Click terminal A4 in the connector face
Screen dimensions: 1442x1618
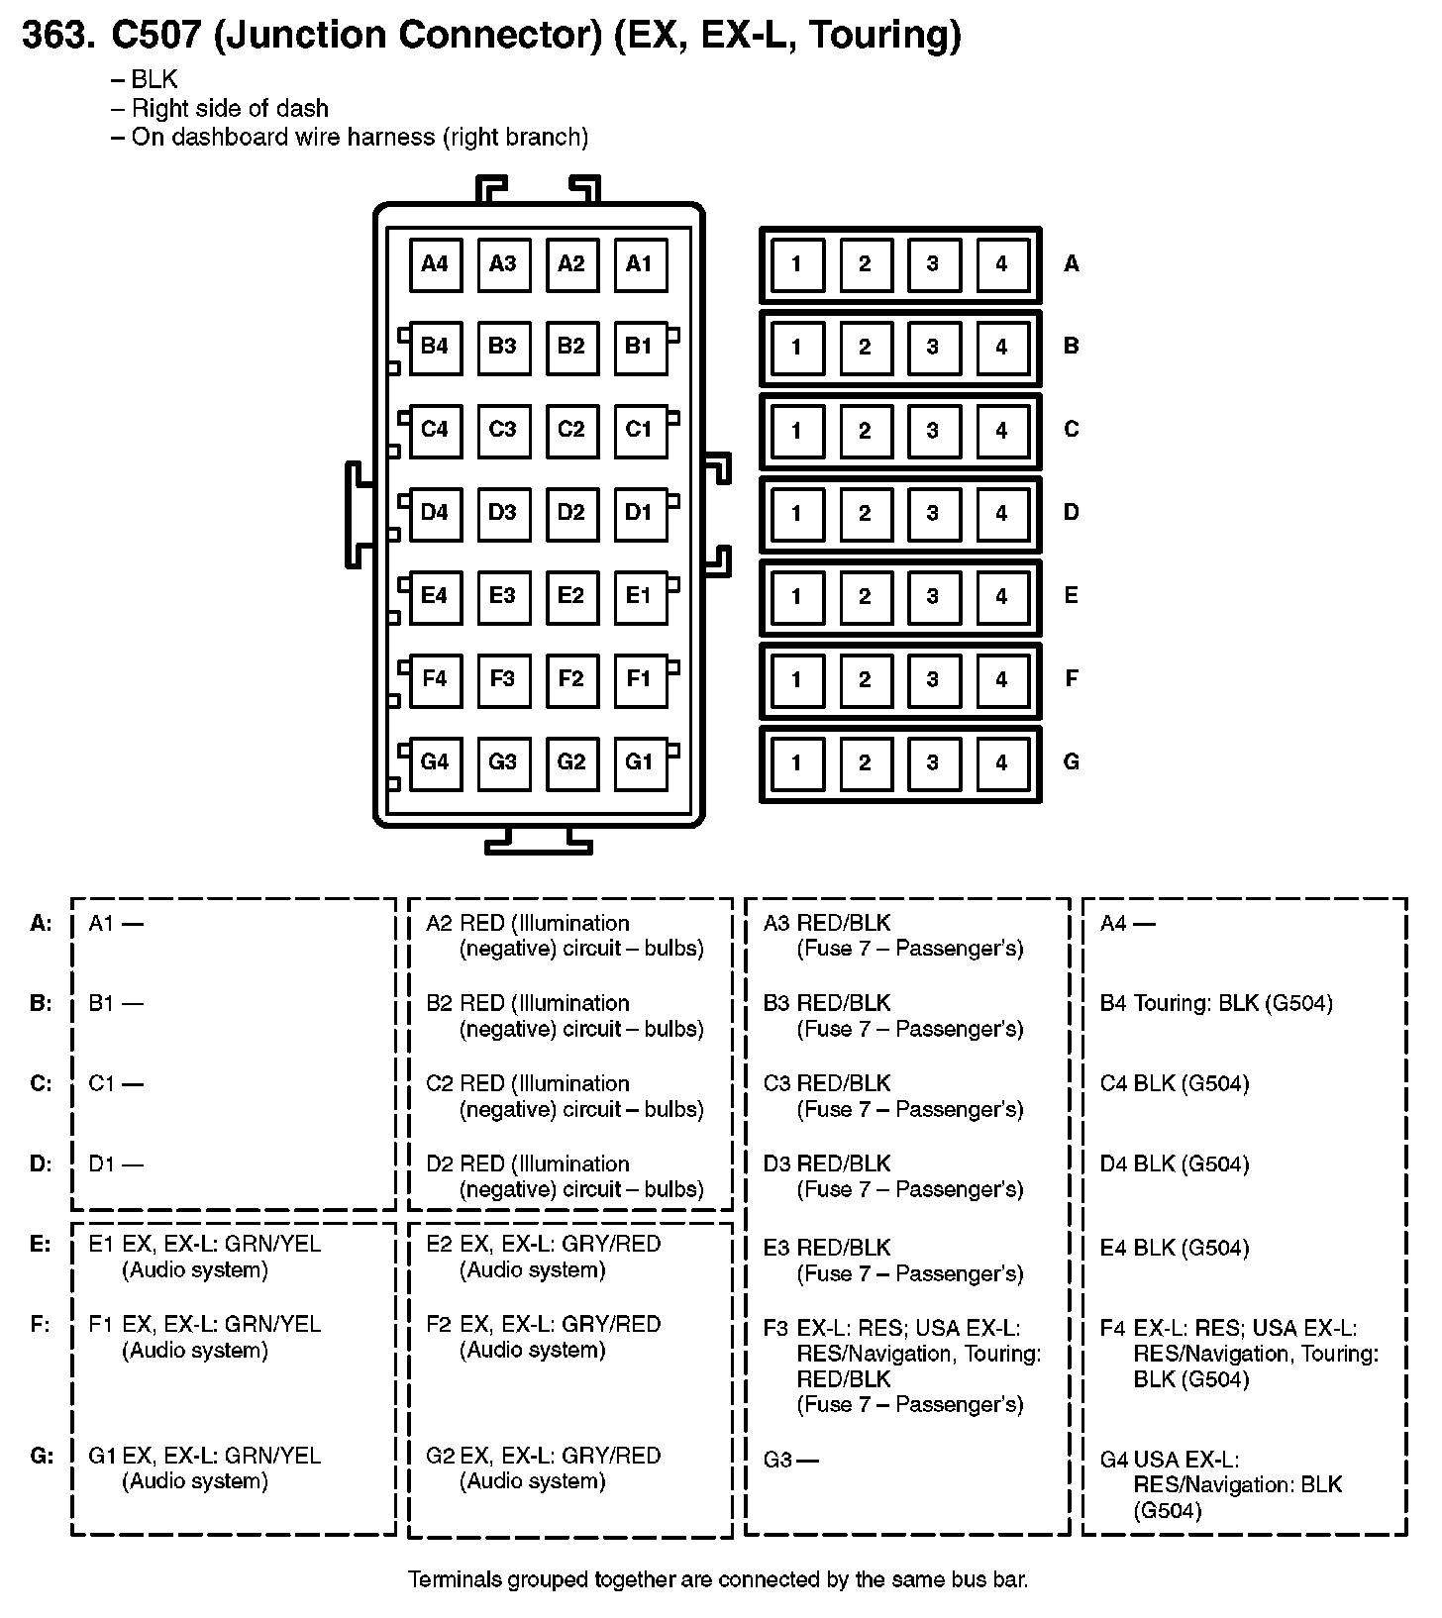(x=436, y=263)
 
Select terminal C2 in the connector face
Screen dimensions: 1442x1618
(x=571, y=430)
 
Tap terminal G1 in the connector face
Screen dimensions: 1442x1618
(x=640, y=762)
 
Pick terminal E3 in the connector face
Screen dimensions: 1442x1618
(x=503, y=596)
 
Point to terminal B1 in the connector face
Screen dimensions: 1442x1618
(x=640, y=347)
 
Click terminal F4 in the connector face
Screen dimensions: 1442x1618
(x=436, y=679)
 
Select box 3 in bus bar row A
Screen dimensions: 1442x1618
(x=933, y=264)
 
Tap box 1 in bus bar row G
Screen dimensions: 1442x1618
(x=796, y=763)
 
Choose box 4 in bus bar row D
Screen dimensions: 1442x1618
(x=1001, y=514)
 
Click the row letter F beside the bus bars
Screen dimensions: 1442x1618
(x=1071, y=679)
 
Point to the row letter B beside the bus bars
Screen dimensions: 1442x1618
(x=1071, y=347)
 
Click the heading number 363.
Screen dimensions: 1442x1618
(x=58, y=36)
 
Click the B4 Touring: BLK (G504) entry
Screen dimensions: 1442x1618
(x=1216, y=1004)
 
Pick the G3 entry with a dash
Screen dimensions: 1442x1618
(x=790, y=1460)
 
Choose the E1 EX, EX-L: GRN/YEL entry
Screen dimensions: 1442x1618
(x=205, y=1258)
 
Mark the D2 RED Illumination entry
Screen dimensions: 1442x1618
(x=565, y=1177)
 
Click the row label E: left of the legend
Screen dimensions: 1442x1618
(x=41, y=1245)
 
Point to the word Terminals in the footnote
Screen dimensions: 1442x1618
(x=456, y=1580)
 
